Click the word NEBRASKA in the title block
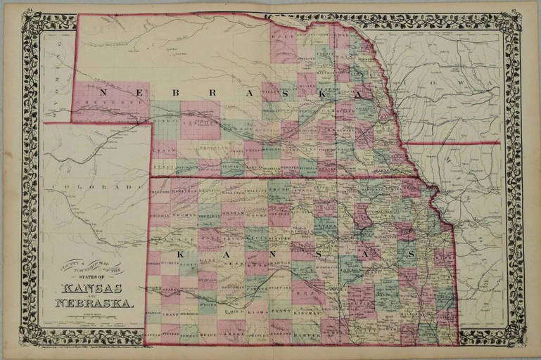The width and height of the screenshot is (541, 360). tap(93, 304)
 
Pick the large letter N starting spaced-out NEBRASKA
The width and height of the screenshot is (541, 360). tap(102, 92)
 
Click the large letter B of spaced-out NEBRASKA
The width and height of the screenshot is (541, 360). tap(173, 92)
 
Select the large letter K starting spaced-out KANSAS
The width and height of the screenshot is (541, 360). tap(181, 253)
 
